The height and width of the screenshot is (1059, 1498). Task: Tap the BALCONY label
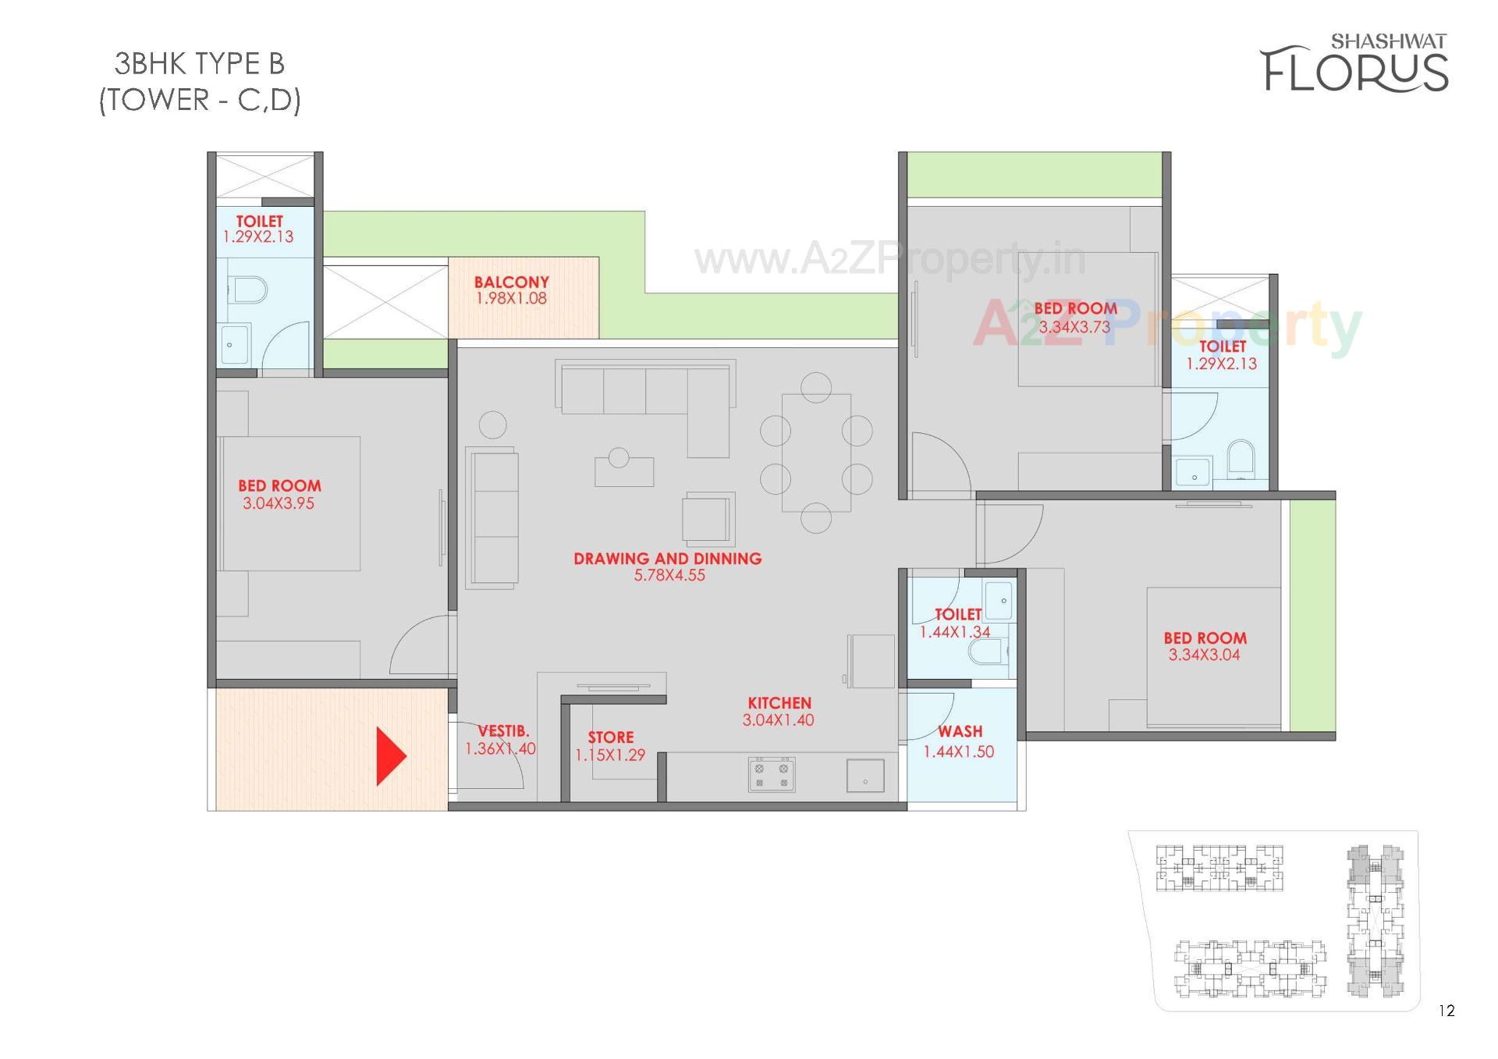tap(511, 282)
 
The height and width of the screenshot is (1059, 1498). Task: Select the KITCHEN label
tap(779, 703)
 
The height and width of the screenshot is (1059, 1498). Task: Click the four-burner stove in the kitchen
tap(771, 774)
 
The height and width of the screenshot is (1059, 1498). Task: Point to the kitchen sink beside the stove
tap(864, 776)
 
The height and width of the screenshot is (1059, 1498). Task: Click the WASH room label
tap(960, 732)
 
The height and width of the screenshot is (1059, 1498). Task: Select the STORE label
tap(610, 737)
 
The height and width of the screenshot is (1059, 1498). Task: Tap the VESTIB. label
tap(503, 731)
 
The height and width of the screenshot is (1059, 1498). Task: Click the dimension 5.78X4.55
tap(669, 576)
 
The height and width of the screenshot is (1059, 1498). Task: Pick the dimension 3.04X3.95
tap(279, 504)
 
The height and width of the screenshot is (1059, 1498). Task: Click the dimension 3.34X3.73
tap(1074, 328)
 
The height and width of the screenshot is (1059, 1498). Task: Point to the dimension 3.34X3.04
tap(1204, 656)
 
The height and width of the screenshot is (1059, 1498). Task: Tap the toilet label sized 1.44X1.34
tap(958, 615)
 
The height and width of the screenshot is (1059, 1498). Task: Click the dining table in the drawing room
tap(816, 453)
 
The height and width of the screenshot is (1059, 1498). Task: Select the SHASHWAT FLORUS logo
tap(1355, 62)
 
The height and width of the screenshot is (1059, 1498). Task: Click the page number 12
tap(1447, 1011)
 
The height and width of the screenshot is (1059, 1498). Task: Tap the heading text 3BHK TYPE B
tap(200, 63)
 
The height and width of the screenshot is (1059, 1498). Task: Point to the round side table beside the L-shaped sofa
tap(492, 425)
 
